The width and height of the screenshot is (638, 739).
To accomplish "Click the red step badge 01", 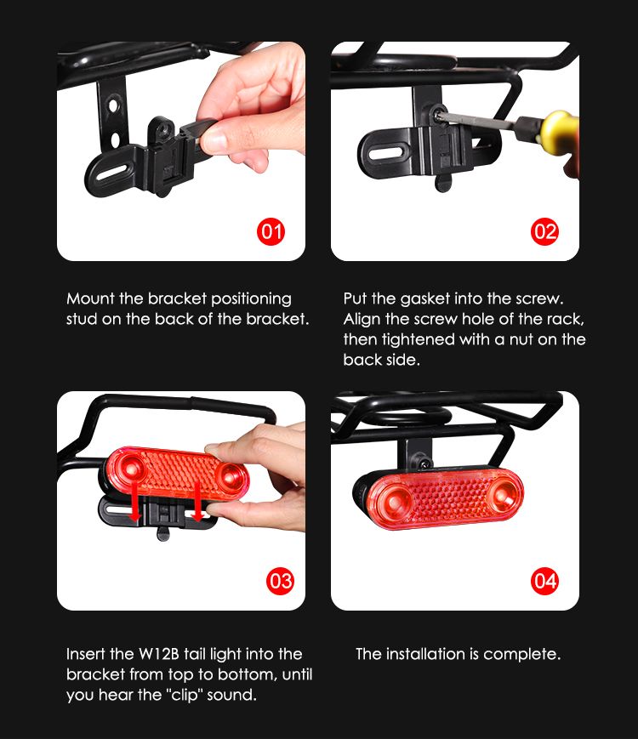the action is click(x=271, y=231).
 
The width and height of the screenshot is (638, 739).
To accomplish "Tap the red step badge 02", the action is click(x=544, y=231).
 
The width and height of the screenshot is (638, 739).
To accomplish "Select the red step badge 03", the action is click(x=280, y=581).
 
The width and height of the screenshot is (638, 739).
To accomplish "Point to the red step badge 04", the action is click(x=544, y=581).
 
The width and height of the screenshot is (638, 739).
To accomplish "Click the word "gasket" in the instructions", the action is click(x=424, y=299).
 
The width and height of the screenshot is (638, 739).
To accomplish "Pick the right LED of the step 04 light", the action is click(x=501, y=497).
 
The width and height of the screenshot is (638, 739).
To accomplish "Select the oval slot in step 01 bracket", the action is click(x=112, y=172).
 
